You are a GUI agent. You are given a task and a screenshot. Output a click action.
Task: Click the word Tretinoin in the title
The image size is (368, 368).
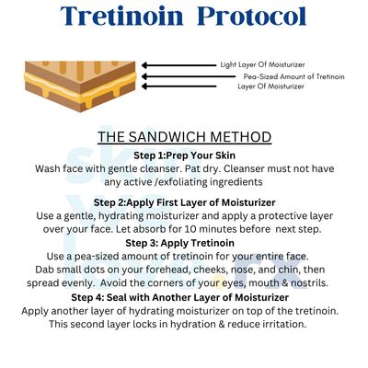(x=121, y=16)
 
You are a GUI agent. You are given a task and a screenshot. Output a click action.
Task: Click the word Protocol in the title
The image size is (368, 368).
(x=251, y=16)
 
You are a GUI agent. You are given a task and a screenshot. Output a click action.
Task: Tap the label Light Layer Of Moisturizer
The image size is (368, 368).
(x=262, y=64)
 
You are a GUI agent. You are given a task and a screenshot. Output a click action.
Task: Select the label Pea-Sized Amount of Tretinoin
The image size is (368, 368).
(x=294, y=76)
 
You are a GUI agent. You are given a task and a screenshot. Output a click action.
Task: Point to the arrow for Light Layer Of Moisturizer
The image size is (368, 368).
(x=178, y=65)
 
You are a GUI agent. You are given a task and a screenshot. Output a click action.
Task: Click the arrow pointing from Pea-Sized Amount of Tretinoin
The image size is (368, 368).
(x=188, y=76)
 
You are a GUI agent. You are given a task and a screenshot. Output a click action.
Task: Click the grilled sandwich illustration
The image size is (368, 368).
(x=80, y=86)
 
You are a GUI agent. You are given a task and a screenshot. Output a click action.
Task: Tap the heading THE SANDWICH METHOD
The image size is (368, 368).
(x=185, y=137)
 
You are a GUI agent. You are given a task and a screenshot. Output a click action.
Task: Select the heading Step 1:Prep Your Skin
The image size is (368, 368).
(x=185, y=155)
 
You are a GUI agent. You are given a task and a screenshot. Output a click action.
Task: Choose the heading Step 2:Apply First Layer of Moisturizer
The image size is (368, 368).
(x=185, y=202)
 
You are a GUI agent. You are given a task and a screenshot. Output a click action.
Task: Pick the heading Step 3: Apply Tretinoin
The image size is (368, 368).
(x=179, y=243)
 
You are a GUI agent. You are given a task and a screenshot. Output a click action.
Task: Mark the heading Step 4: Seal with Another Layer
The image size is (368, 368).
(x=180, y=297)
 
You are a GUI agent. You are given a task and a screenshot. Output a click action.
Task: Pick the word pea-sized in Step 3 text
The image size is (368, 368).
(x=94, y=257)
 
